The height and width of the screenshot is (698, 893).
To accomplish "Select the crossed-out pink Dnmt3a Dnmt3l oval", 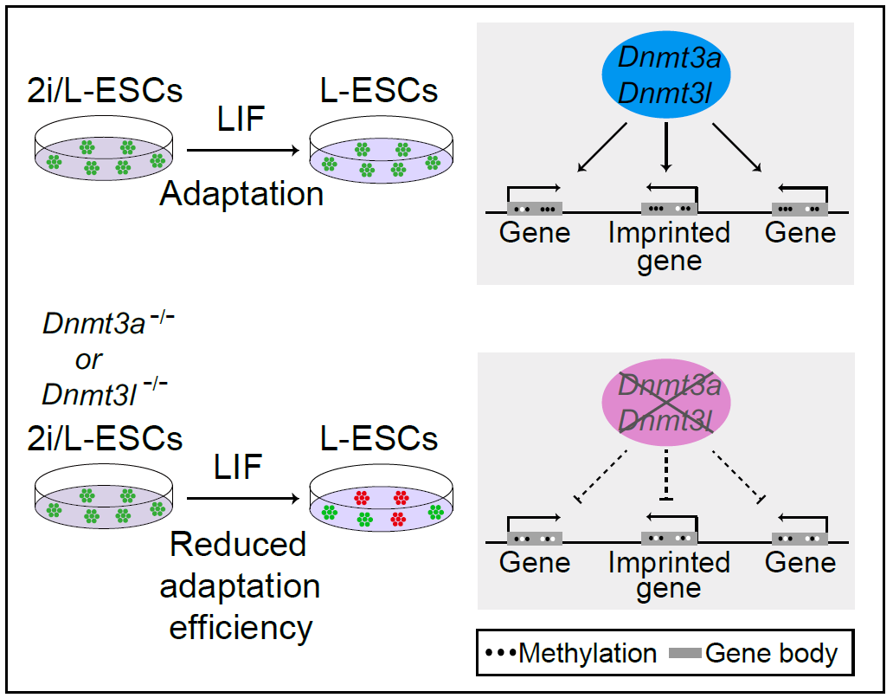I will pyautogui.click(x=666, y=402).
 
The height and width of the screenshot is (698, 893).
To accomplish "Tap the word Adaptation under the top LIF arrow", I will pyautogui.click(x=241, y=193).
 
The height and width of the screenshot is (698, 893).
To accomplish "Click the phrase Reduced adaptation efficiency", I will pyautogui.click(x=241, y=586).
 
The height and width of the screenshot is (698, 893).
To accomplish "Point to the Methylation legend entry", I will pyautogui.click(x=571, y=653).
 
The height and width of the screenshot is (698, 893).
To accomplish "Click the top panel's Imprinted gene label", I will pyautogui.click(x=669, y=246).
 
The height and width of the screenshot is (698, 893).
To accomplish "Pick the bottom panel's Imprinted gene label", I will pyautogui.click(x=669, y=575).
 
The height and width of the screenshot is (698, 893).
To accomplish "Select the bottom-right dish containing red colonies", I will pyautogui.click(x=380, y=510).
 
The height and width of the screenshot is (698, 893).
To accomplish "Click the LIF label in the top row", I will pyautogui.click(x=241, y=119).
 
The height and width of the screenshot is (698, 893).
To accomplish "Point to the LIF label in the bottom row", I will pyautogui.click(x=239, y=469).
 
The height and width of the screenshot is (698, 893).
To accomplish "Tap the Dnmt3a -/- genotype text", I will pyautogui.click(x=108, y=326).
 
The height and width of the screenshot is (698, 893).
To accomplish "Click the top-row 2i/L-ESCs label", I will pyautogui.click(x=105, y=91).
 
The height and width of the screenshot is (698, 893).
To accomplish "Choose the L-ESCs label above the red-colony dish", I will pyautogui.click(x=380, y=438).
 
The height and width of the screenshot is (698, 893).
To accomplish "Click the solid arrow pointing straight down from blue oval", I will pyautogui.click(x=666, y=145).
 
